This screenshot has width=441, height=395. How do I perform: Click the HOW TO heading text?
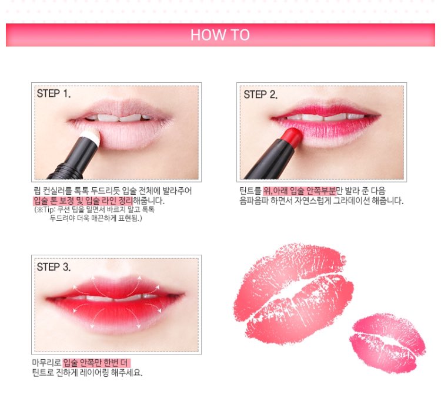[x=220, y=35]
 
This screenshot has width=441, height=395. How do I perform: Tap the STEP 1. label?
[x=54, y=93]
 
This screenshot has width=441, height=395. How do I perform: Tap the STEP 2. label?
[x=260, y=94]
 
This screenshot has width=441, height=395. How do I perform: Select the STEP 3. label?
[x=54, y=267]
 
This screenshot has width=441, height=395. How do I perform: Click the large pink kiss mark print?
[x=293, y=293]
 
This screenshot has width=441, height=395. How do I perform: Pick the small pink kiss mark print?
[x=388, y=343]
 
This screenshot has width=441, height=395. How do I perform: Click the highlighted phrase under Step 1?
[x=83, y=201]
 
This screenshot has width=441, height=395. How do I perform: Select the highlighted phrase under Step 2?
[x=299, y=191]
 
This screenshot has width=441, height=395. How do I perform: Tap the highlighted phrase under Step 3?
[x=96, y=363]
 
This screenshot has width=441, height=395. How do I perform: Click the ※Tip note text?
[x=95, y=214]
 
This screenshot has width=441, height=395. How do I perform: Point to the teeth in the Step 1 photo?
[x=118, y=117]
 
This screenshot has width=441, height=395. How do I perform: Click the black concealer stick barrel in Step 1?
[x=72, y=159]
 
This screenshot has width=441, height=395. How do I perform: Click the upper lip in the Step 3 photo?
[x=116, y=287]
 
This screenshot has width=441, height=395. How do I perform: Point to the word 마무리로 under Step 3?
[x=46, y=363]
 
